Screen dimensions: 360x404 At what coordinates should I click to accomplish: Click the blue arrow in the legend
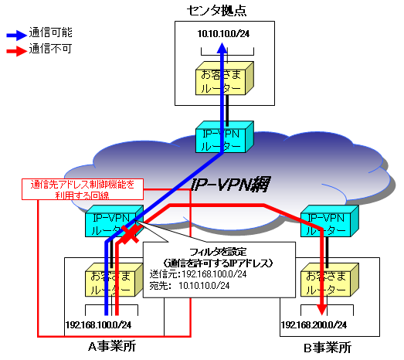[x=15, y=35]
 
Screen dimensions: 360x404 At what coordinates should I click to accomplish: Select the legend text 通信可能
[x=50, y=35]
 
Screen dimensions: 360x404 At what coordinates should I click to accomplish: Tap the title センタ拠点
[x=224, y=9]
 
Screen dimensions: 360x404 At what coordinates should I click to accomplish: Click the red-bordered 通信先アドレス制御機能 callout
[x=82, y=190]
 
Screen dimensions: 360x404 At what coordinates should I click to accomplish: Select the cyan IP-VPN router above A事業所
[x=114, y=221]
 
